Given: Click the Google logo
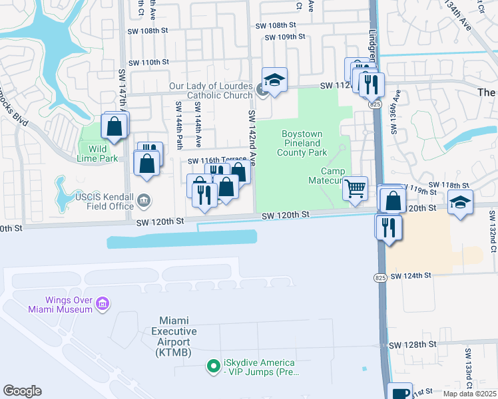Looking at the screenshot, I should click(x=22, y=391).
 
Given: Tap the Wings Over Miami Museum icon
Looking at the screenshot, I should click(x=103, y=305).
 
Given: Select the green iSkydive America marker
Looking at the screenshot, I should click(x=213, y=366).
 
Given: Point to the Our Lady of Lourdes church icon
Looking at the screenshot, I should click(x=262, y=90).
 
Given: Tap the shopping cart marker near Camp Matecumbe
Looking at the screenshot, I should click(x=356, y=188).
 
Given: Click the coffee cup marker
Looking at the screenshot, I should click(x=401, y=393).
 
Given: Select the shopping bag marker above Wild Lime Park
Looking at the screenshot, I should click(x=115, y=125).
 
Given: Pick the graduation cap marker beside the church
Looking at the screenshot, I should click(x=274, y=80).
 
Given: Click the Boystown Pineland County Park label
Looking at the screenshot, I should click(x=302, y=143).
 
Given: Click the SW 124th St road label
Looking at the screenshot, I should click(x=412, y=275).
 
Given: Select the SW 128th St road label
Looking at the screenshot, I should click(x=412, y=344).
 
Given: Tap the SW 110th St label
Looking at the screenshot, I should click(x=146, y=62).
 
